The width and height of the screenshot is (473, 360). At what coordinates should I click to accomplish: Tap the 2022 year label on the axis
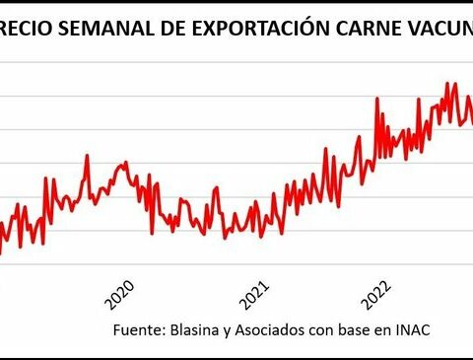click(x=377, y=293)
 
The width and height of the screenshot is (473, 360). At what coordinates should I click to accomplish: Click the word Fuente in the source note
click(x=137, y=328)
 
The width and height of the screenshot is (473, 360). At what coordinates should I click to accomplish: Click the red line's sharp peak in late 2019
click(x=87, y=155)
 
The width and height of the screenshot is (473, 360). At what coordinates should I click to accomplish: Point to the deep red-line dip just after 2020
click(x=152, y=232)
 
